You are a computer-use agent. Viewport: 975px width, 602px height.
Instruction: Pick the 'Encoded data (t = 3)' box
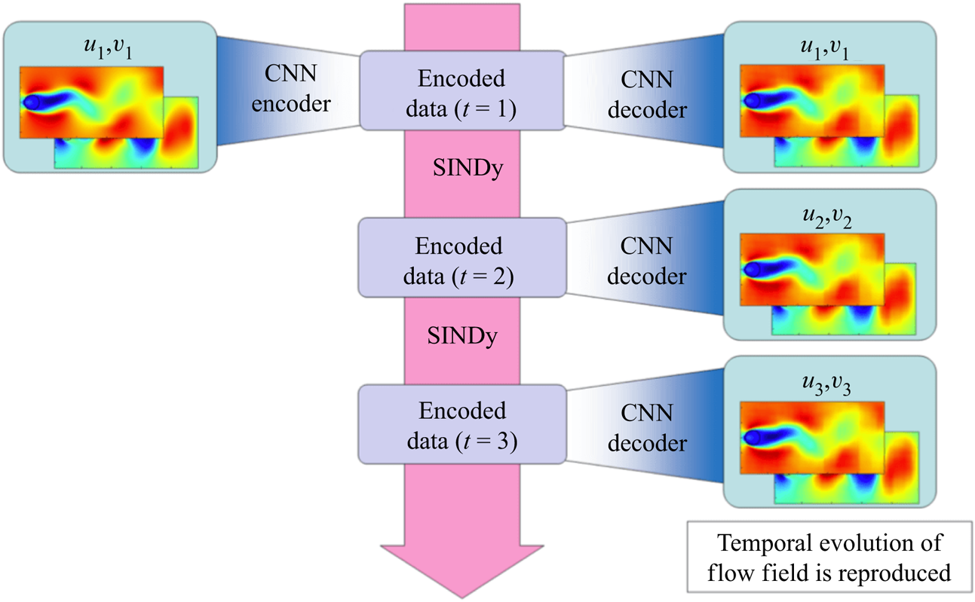pos(461,425)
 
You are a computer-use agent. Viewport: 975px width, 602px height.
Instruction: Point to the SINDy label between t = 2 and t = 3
pos(462,337)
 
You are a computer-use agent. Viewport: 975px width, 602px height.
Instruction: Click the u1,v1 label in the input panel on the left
pos(109,52)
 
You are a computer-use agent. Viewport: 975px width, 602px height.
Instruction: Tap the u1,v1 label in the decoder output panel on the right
pos(828,50)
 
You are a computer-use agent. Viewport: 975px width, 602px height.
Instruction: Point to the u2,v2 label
pos(828,218)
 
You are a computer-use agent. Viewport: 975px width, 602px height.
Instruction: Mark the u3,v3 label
pos(828,387)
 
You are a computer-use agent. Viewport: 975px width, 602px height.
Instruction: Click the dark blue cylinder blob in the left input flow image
pos(32,102)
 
